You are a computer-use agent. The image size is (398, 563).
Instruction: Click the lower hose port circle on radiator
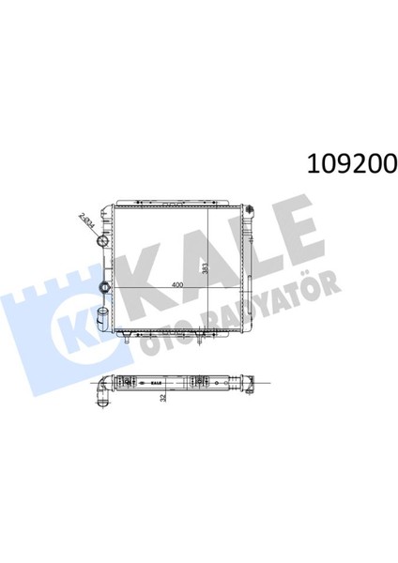(x=105, y=287)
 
